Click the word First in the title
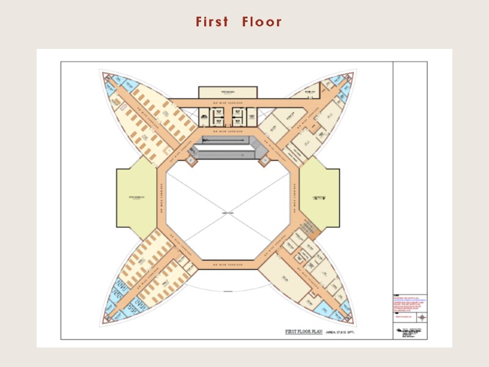(212, 22)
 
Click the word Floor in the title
(262, 22)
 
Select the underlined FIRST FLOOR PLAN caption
(304, 332)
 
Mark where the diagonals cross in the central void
(227, 212)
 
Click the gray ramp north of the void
(227, 147)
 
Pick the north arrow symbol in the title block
(422, 316)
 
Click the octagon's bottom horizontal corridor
(227, 264)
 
